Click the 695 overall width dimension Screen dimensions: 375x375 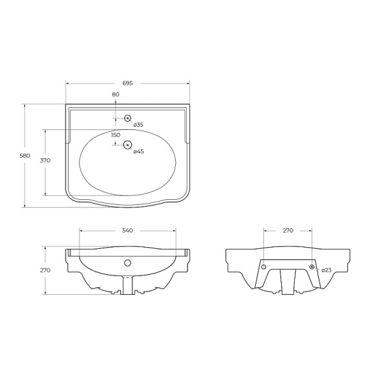point(127,83)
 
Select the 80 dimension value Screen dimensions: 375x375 point(116,95)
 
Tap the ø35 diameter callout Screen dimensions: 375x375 point(138,124)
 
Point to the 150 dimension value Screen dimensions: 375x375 point(116,135)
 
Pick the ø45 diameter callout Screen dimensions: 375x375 point(138,151)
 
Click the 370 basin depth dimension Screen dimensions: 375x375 point(37,160)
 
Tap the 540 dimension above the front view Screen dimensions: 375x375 point(127,230)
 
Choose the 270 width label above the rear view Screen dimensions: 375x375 point(288,230)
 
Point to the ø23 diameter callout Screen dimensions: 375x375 point(327,269)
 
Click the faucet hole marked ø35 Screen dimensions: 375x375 point(127,118)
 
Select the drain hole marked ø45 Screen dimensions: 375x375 point(127,145)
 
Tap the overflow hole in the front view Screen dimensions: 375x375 point(127,262)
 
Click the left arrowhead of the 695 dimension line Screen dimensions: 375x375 point(68,83)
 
